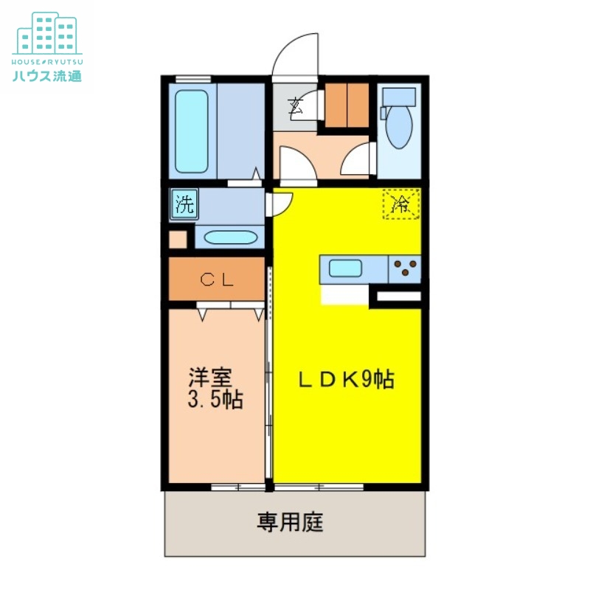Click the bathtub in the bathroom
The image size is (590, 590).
[192, 131]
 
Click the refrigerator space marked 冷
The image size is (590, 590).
[401, 204]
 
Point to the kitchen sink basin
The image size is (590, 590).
[344, 268]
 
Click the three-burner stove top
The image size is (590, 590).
[404, 268]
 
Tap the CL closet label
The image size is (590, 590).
[217, 280]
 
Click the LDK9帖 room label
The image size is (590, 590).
[345, 379]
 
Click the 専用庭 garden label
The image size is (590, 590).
[290, 523]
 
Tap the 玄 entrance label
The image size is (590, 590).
[296, 105]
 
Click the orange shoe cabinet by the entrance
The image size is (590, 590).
[346, 105]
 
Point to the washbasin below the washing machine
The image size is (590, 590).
[229, 238]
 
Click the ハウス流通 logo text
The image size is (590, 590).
[46, 74]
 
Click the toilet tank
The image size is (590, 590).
[399, 97]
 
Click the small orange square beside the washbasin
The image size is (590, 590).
[177, 240]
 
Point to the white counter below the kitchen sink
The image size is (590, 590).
[344, 294]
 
